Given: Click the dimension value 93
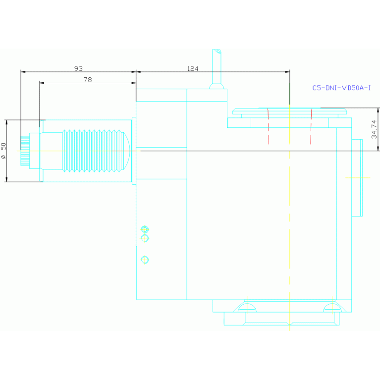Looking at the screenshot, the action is (x=78, y=68).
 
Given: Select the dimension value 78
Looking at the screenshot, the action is (x=88, y=79).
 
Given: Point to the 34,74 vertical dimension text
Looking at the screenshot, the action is (x=374, y=129).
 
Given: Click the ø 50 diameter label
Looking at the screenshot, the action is (x=4, y=151).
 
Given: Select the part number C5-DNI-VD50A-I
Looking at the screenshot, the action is (x=341, y=88).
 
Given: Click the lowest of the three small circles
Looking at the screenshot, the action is (x=145, y=260).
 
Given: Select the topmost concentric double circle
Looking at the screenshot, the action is (x=145, y=229).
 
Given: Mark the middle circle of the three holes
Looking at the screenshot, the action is (x=145, y=238).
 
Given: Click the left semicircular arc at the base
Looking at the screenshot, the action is (x=247, y=308).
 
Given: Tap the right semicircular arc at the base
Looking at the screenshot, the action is (x=332, y=308).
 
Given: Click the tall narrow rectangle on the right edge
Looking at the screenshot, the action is (x=357, y=177).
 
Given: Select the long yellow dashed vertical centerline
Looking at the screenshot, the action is (x=289, y=223).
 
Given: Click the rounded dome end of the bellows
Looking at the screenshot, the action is (x=127, y=151).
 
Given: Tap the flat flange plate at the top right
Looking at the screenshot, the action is (x=289, y=111).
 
